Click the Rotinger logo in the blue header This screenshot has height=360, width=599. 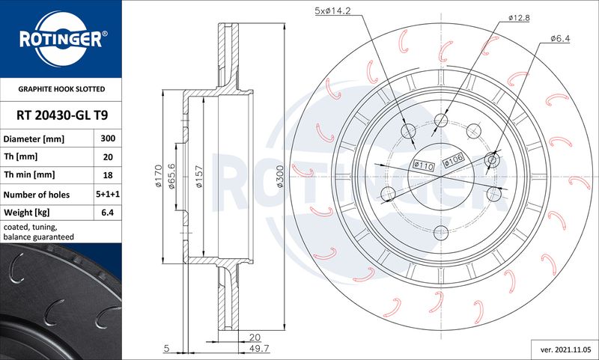[61, 39]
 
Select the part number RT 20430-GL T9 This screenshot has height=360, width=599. [62, 115]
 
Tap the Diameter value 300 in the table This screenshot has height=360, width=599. [108, 138]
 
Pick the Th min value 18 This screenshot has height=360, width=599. [108, 175]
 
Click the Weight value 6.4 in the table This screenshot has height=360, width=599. [108, 213]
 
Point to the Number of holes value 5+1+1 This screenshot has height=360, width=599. [108, 195]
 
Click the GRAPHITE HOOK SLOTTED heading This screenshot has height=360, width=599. [61, 89]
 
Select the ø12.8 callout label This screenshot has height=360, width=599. [519, 17]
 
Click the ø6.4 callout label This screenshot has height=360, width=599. [560, 38]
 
